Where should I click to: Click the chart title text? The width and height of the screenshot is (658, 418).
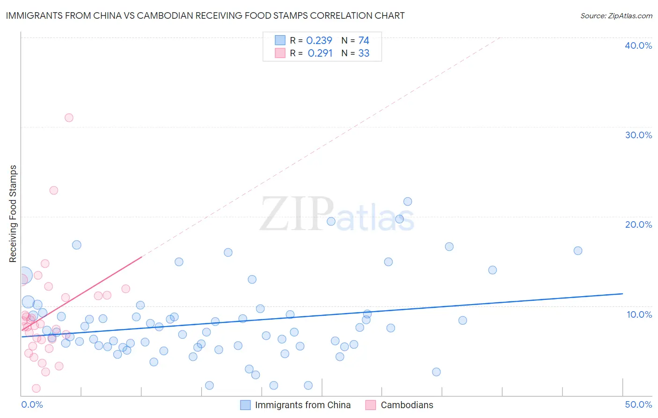205,15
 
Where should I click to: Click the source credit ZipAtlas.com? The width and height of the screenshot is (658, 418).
616,15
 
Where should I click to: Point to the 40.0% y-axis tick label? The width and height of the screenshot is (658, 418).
638,45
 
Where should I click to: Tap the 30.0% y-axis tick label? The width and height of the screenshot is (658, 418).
638,135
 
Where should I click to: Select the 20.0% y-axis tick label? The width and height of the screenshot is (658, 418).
638,224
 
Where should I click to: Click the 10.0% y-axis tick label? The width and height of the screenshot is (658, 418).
639,314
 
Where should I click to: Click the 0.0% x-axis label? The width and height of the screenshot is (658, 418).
32,404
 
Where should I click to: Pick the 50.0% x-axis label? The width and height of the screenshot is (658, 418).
638,404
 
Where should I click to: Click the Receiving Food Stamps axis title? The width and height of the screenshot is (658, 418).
13,214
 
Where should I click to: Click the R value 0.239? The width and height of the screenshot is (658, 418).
319,41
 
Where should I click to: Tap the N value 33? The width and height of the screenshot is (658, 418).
364,53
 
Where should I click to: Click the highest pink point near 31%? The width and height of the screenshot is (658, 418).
69,118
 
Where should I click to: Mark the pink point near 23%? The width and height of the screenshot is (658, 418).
54,190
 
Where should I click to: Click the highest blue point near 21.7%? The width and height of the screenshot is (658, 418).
408,202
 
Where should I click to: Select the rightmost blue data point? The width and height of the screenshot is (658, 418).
578,251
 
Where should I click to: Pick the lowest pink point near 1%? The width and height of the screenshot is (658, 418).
36,388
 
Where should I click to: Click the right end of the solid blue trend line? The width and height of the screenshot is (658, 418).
622,293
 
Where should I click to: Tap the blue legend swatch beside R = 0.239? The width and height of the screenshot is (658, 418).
280,40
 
